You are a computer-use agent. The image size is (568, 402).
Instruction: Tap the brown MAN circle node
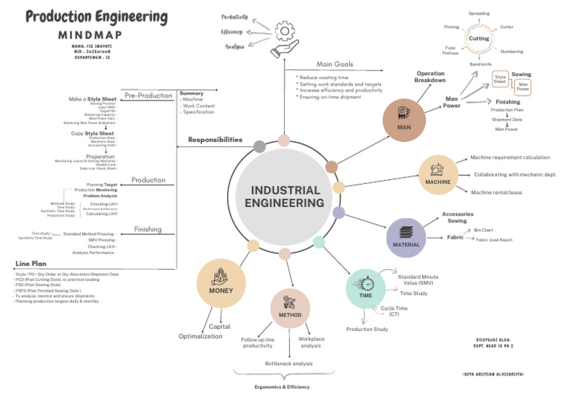404,117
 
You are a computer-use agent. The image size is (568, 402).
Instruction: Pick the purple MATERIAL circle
406,238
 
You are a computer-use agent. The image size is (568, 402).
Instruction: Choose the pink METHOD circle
290,308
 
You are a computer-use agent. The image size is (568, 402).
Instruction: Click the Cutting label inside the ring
479,38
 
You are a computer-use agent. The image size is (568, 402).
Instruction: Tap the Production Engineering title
96,16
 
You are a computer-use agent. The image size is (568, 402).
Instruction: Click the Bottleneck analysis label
289,364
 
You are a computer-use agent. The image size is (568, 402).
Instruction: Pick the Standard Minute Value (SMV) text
419,280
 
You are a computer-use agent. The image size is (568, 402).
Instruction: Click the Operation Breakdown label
430,77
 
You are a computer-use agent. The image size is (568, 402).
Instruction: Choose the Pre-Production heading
148,95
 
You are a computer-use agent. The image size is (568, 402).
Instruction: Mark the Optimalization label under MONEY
200,336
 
